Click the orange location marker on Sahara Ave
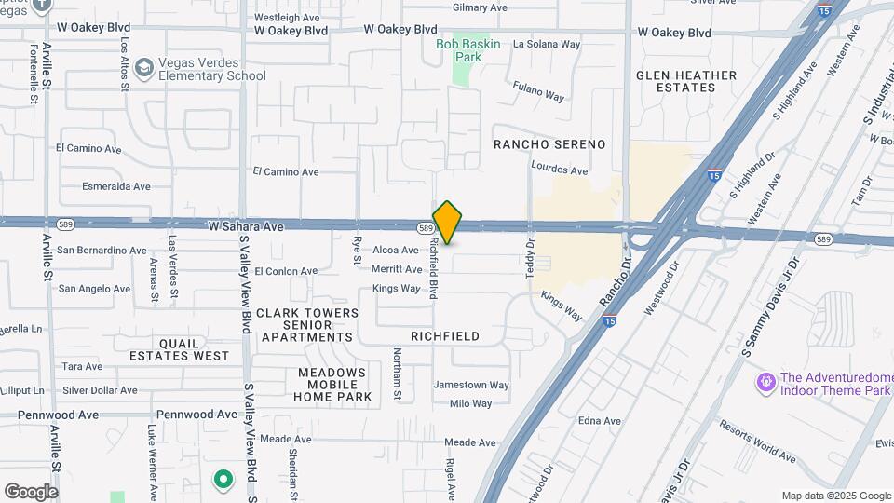click(448, 222)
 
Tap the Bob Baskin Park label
click(468, 50)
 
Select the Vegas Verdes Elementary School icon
click(144, 69)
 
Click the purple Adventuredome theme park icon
click(765, 383)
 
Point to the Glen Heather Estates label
click(686, 81)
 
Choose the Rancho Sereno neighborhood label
click(549, 144)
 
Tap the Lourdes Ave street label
click(559, 170)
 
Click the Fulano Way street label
click(538, 90)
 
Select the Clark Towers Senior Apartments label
click(307, 325)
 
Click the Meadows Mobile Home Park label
click(333, 384)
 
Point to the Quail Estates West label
click(180, 349)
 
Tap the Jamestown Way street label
click(471, 385)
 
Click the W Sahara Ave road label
click(246, 225)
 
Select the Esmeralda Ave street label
click(115, 186)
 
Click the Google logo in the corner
click(31, 491)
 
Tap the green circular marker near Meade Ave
click(223, 480)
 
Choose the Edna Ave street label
click(599, 421)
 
